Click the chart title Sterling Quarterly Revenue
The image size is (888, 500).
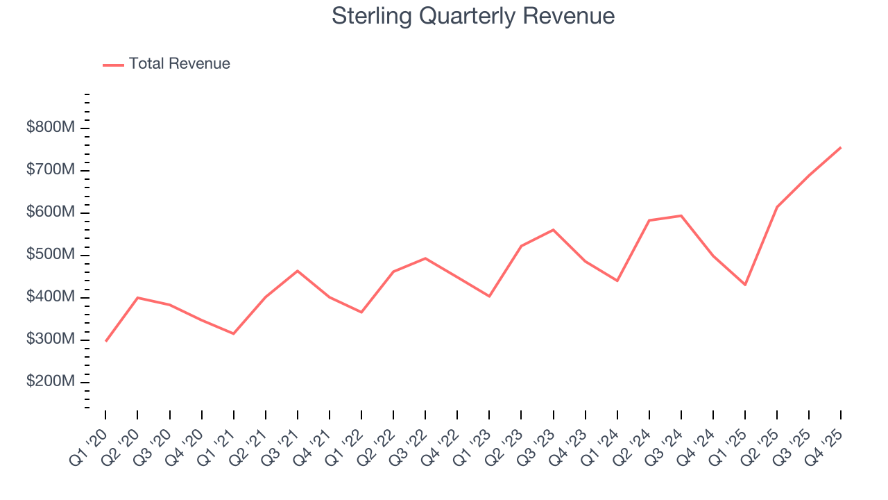coord(473,16)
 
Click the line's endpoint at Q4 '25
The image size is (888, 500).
coord(841,147)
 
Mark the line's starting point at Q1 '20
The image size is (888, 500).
coord(105,341)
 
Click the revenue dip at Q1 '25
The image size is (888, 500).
coord(745,285)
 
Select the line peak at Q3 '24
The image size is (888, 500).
coord(681,215)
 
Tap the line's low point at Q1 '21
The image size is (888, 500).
coord(234,333)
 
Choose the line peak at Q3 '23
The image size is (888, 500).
coord(553,229)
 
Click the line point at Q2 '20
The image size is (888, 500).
coord(137,297)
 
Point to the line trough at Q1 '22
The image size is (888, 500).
coord(361,312)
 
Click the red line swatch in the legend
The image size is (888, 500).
coord(113,65)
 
